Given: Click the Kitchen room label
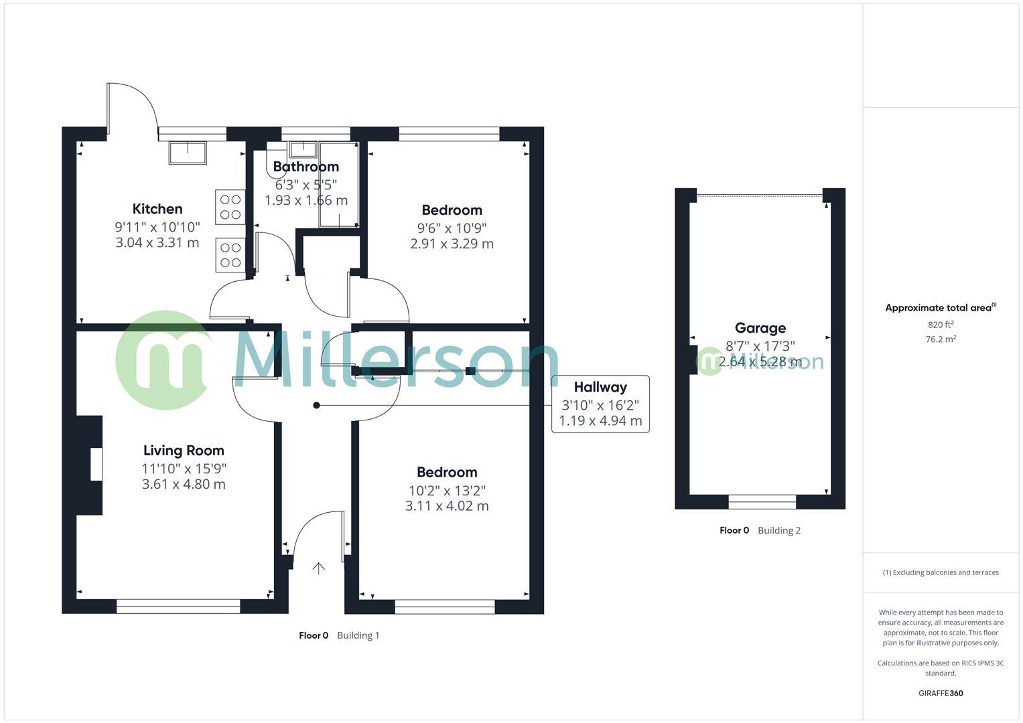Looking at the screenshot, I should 157,209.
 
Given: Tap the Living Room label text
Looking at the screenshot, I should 184,451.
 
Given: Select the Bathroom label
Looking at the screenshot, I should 305,167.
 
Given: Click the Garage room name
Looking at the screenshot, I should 760,328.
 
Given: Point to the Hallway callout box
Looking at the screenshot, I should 600,404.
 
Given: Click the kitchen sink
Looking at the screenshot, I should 188,153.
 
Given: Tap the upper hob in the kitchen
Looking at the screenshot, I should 230,207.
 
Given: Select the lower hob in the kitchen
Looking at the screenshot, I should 230,255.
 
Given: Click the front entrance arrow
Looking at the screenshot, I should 318,568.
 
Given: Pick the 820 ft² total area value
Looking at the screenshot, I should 941,325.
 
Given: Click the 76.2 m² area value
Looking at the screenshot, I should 941,339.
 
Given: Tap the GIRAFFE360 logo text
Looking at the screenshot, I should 941,693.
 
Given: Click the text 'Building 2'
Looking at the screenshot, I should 779,530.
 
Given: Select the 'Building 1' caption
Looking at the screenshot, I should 358,635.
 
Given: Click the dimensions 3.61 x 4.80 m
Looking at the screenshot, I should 184,484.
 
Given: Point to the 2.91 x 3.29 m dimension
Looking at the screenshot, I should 452,244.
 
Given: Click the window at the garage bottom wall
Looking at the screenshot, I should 762,501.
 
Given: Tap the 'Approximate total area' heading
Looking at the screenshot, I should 939,308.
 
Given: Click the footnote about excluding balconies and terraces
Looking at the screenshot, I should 941,572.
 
